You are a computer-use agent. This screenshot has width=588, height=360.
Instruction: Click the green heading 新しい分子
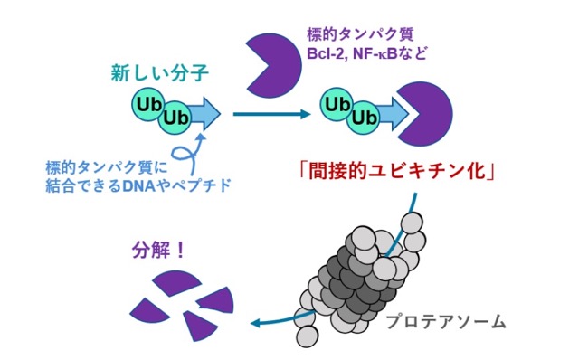click(159, 72)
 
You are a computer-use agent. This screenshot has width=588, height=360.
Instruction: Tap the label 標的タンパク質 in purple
click(360, 34)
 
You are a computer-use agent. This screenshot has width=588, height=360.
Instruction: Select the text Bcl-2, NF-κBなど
click(367, 52)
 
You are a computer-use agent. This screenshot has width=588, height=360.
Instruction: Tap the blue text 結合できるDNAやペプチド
click(138, 185)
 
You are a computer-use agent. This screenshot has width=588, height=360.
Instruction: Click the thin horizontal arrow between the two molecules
click(272, 114)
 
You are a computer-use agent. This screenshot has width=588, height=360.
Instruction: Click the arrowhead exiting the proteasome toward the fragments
click(256, 323)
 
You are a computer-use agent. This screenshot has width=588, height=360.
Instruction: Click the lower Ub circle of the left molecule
click(175, 118)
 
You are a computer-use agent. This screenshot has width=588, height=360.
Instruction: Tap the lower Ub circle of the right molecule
click(363, 118)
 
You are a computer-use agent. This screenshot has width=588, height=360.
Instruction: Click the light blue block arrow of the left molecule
click(204, 114)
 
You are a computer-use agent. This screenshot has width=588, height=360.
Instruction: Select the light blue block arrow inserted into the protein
click(393, 114)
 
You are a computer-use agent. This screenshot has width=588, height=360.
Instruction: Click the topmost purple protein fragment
click(176, 282)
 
